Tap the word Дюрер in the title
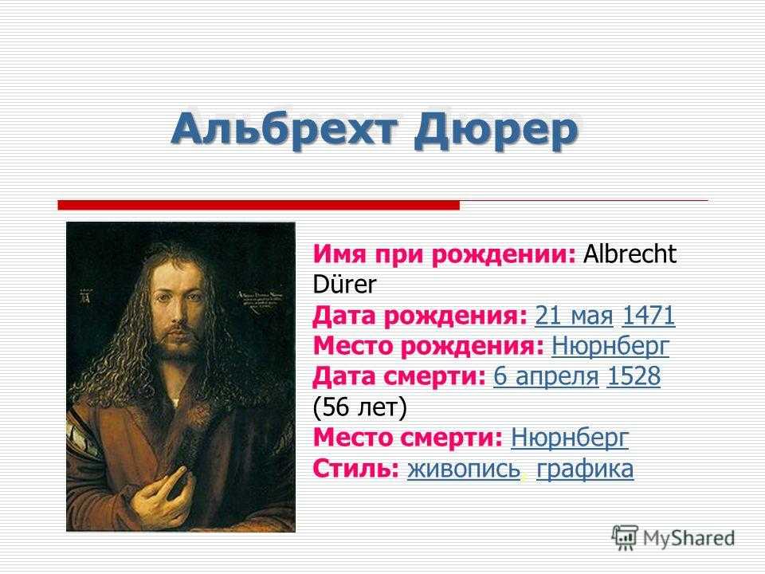(496, 131)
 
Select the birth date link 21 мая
(574, 316)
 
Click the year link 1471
(649, 316)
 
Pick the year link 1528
(634, 376)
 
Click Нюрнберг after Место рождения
(610, 347)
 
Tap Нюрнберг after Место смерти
(569, 438)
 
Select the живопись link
(464, 469)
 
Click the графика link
(585, 470)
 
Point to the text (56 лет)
(359, 407)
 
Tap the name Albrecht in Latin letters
(630, 254)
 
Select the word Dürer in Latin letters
(344, 285)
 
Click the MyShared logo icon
(625, 538)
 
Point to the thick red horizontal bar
(258, 205)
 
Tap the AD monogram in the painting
(86, 295)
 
